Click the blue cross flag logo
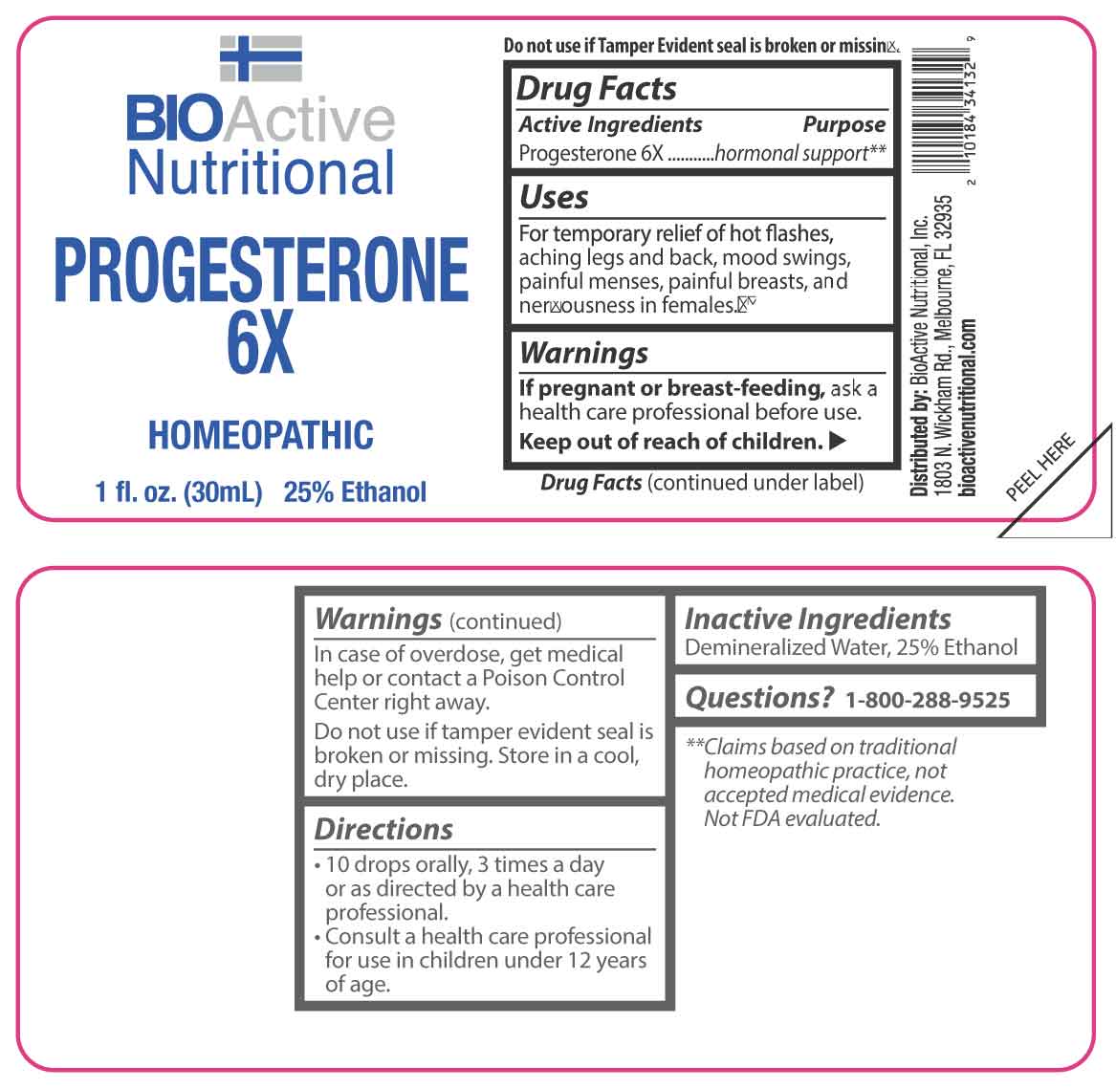coord(260,58)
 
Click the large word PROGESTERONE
coord(261,270)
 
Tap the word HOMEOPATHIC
coord(260,435)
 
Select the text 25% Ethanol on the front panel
coord(355,491)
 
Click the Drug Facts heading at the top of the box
coord(597,88)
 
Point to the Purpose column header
coord(844,124)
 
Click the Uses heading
coord(554,197)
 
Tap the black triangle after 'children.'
coord(838,441)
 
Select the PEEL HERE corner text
coord(1039,467)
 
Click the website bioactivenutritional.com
coord(968,407)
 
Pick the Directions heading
coord(383,829)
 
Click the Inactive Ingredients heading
coord(817,620)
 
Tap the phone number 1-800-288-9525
coord(928,700)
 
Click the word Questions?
coord(758,698)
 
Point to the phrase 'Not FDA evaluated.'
coord(792,818)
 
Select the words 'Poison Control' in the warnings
coord(553,678)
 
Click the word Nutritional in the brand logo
coord(260,172)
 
